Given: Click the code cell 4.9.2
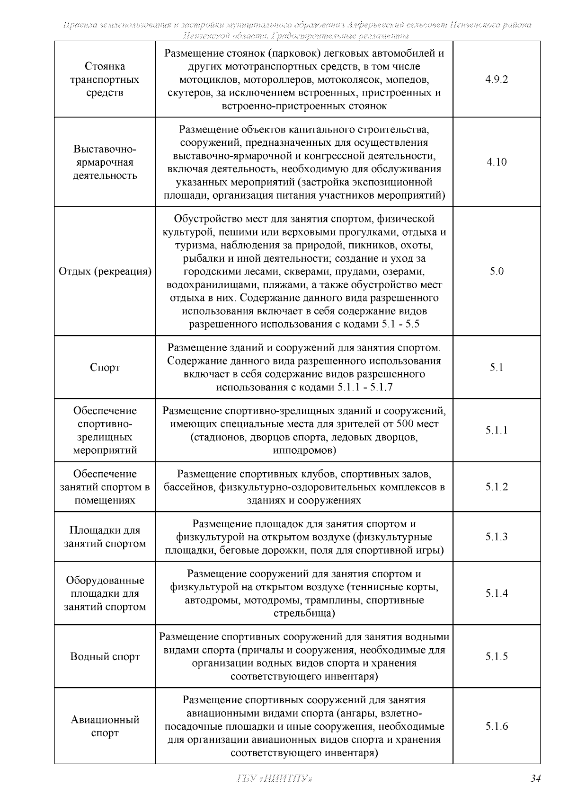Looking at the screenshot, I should (x=497, y=79).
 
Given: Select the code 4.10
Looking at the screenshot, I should (x=497, y=162).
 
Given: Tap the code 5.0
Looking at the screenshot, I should (x=497, y=272).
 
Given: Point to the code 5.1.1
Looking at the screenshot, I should (x=497, y=431).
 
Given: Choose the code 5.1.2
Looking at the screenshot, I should (x=497, y=487).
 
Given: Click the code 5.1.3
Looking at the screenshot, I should (x=497, y=537).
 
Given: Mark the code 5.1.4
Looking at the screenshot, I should (x=497, y=594).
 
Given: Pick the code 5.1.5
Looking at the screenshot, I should (x=497, y=657).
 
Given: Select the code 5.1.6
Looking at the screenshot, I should (x=497, y=726).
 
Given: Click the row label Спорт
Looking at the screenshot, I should (x=105, y=368).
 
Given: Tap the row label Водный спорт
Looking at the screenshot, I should (x=105, y=657).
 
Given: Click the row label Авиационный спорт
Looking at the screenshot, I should (x=105, y=726).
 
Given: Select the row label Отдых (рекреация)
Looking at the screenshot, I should (x=105, y=272).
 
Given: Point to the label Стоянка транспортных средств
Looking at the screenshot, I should (x=105, y=79).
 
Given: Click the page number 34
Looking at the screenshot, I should (x=535, y=779).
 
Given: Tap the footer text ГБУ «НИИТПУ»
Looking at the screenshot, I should (x=273, y=779).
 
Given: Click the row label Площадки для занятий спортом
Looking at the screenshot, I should (x=105, y=537).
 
